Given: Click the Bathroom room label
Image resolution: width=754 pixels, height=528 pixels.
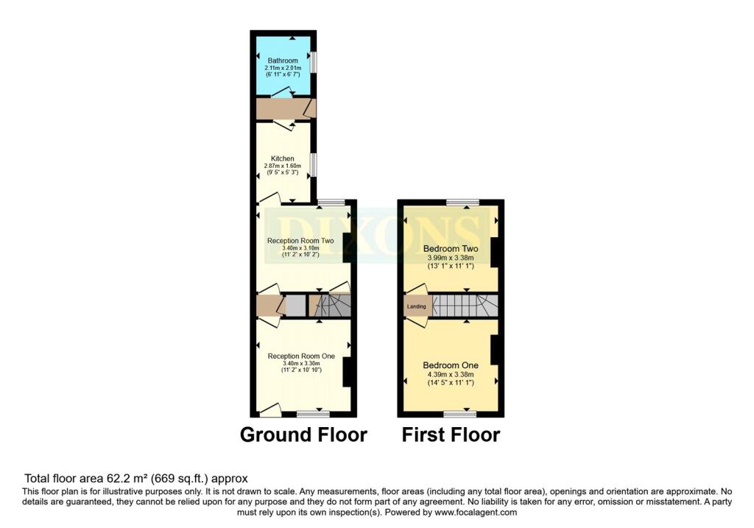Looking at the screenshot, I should [283, 60].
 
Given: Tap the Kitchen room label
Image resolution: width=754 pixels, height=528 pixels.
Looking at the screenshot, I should [283, 158].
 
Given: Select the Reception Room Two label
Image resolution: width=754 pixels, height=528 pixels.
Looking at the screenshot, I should [300, 241].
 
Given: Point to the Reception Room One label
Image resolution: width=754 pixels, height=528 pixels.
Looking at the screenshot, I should [301, 356].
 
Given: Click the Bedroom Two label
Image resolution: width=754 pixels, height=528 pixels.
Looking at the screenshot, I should [451, 248].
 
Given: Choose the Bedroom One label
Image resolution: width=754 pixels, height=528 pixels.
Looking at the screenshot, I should [451, 365].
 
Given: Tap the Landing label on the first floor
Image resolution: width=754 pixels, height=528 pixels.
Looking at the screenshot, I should [415, 305].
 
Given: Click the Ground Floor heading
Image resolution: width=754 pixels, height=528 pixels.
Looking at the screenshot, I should [303, 435].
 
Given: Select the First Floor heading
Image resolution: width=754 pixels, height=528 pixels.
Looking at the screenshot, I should [451, 435].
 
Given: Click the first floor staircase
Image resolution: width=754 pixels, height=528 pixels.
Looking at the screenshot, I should [464, 305].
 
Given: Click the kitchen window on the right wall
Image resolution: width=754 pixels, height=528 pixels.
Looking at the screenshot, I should [314, 164].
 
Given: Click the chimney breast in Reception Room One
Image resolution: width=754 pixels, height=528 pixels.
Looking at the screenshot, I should [348, 371].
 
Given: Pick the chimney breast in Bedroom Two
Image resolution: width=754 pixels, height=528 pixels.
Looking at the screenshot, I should [496, 253].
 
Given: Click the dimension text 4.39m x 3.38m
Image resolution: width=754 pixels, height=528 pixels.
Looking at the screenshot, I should [451, 374].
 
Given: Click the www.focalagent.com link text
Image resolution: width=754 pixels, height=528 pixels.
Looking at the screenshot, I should [476, 513].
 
